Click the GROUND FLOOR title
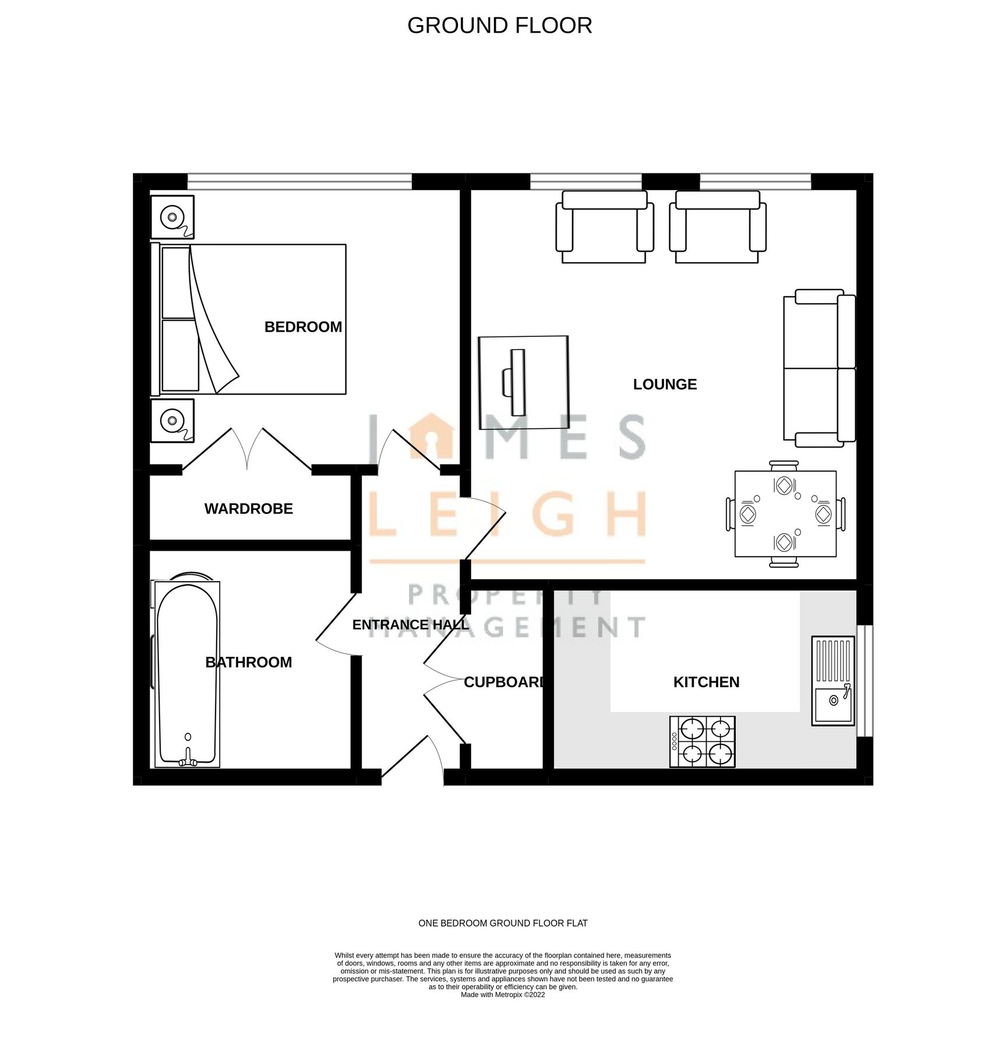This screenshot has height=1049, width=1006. click(500, 26)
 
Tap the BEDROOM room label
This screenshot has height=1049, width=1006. click(303, 327)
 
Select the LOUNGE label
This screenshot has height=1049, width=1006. click(665, 384)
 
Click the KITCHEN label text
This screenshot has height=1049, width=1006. click(706, 682)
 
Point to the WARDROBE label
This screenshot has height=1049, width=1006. click(249, 509)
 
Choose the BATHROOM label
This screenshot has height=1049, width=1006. click(249, 662)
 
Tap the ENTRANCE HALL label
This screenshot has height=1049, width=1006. click(410, 625)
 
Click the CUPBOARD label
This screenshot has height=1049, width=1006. click(504, 682)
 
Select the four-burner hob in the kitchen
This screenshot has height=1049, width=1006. click(703, 741)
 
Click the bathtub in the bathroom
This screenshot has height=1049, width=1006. click(187, 674)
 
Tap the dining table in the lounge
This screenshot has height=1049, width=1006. click(785, 513)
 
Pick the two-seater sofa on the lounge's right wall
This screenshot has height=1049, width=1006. click(819, 368)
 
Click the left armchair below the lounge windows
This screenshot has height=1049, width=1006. click(604, 227)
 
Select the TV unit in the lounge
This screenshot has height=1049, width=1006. click(523, 382)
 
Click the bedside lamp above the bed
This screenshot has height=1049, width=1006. click(172, 217)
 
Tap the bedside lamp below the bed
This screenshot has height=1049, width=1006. click(172, 420)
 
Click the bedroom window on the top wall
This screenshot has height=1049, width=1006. click(299, 181)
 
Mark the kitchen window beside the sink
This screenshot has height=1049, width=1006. click(864, 681)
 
